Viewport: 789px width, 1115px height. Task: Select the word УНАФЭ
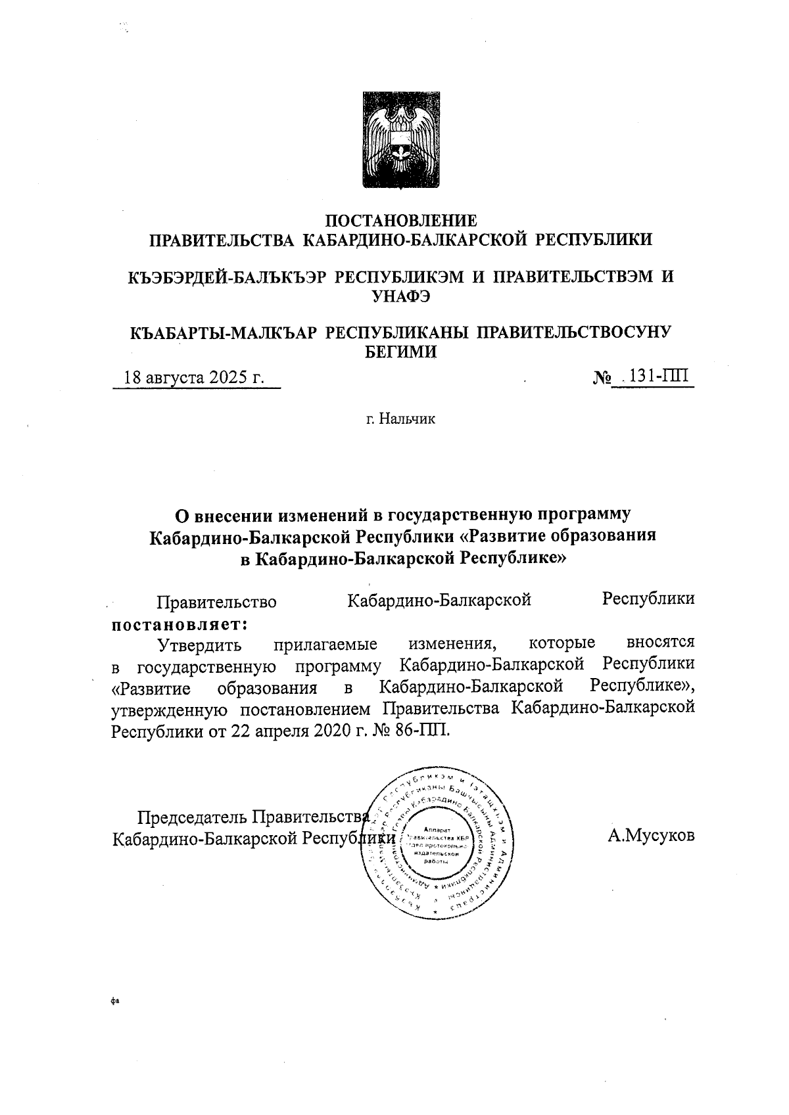pos(401,296)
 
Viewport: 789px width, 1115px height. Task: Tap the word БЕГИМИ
pos(401,352)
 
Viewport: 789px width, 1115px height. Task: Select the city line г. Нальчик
pos(401,419)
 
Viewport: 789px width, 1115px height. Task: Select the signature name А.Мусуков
pos(651,836)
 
